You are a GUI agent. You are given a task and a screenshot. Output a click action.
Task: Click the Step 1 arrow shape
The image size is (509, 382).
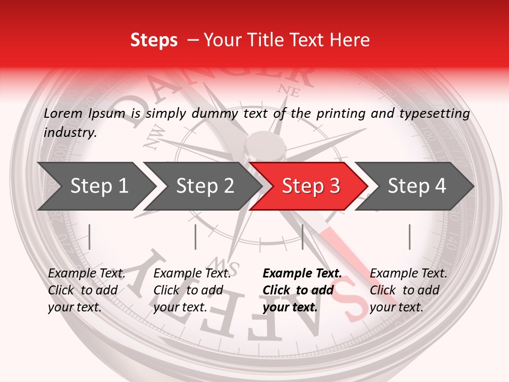pos(95,186)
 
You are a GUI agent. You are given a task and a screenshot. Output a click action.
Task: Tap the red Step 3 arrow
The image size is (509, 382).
pos(310,186)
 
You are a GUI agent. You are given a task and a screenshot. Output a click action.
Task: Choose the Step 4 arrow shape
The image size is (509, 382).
pos(416,186)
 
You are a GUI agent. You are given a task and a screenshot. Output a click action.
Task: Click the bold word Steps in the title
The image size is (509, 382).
pos(154,40)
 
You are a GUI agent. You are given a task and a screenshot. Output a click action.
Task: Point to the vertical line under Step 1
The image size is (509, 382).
pos(90,237)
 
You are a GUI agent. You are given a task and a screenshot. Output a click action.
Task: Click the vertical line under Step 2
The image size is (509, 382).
pos(196,237)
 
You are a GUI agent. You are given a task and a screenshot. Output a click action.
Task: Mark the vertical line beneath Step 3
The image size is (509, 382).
pos(302,237)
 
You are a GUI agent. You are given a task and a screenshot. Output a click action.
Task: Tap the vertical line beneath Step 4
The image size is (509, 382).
pos(409,237)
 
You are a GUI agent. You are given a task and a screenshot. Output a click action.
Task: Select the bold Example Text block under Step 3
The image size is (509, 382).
pos(302,290)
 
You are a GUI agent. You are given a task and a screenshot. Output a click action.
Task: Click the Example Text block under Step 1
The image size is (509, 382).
pos(86,290)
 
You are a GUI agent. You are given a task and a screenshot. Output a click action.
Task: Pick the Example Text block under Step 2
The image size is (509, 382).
pos(192,290)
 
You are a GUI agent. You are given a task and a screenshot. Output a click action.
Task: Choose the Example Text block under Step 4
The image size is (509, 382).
pos(408,290)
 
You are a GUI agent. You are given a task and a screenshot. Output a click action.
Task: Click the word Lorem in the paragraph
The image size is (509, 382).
pos(63,114)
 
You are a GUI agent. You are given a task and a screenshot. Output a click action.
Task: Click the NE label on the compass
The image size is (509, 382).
pos(289,91)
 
